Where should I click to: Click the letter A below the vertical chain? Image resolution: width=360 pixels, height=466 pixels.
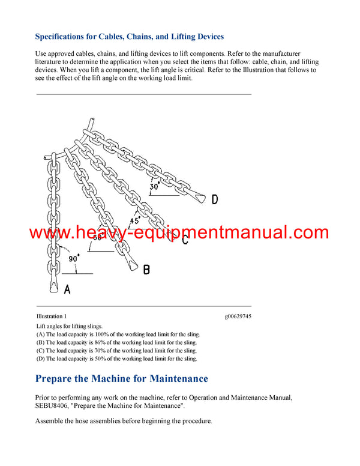click(x=67, y=289)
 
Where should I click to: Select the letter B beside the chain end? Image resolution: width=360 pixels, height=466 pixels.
click(x=146, y=270)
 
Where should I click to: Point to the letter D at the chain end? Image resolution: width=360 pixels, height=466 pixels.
click(x=215, y=199)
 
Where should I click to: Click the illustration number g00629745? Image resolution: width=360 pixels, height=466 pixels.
click(x=238, y=316)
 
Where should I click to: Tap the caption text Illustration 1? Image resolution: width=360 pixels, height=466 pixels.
click(x=52, y=316)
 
